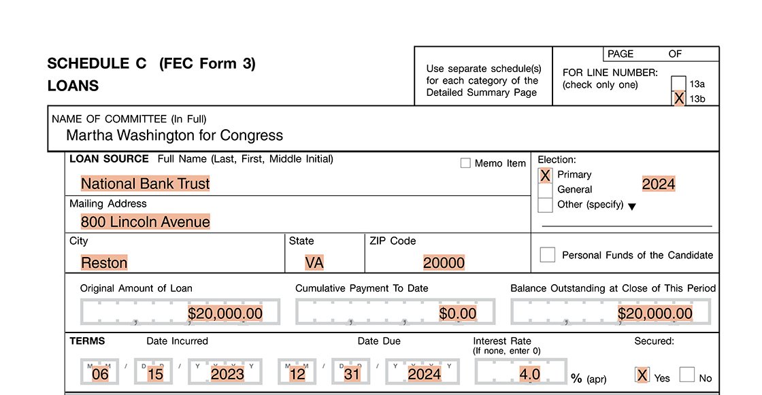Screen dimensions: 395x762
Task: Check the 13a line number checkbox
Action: (x=678, y=84)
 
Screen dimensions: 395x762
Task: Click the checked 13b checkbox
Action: (x=678, y=99)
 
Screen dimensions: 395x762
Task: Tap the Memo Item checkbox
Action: (x=465, y=163)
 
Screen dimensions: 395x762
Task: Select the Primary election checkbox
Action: (x=545, y=175)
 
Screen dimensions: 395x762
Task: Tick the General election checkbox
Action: (x=545, y=190)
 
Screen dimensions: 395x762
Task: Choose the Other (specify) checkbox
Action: (x=545, y=205)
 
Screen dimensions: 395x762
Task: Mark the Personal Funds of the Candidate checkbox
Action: (x=548, y=255)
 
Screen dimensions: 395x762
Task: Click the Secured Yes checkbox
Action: (x=642, y=375)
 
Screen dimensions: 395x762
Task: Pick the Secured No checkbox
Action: (x=687, y=375)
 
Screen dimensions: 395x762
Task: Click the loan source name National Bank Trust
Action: (x=145, y=184)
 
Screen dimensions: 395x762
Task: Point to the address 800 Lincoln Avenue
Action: (x=145, y=222)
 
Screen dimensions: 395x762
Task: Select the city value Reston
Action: (x=104, y=262)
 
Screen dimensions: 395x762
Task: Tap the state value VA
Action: (x=314, y=262)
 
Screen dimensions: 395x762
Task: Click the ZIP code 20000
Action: (x=444, y=262)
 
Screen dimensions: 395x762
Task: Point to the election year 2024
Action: (x=659, y=184)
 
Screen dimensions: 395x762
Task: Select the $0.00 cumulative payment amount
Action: (x=458, y=313)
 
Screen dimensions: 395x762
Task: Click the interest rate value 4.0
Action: (x=529, y=374)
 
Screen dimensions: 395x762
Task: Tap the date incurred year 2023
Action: (x=227, y=374)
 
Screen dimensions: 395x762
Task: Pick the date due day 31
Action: (x=351, y=374)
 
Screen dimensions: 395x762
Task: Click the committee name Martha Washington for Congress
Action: (x=174, y=135)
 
